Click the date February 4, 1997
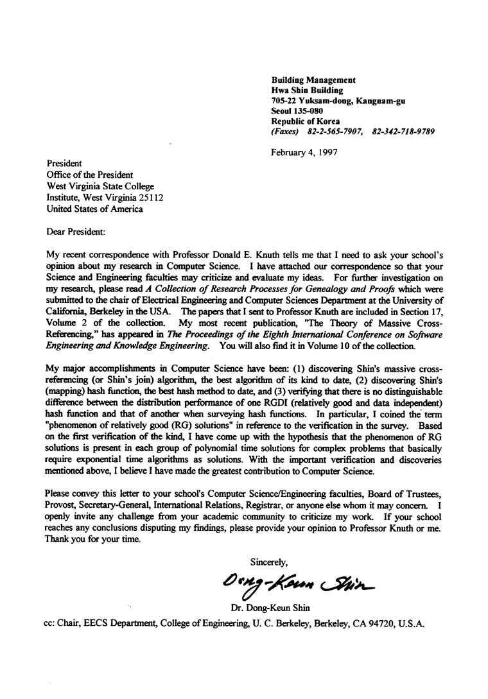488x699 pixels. click(304, 152)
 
